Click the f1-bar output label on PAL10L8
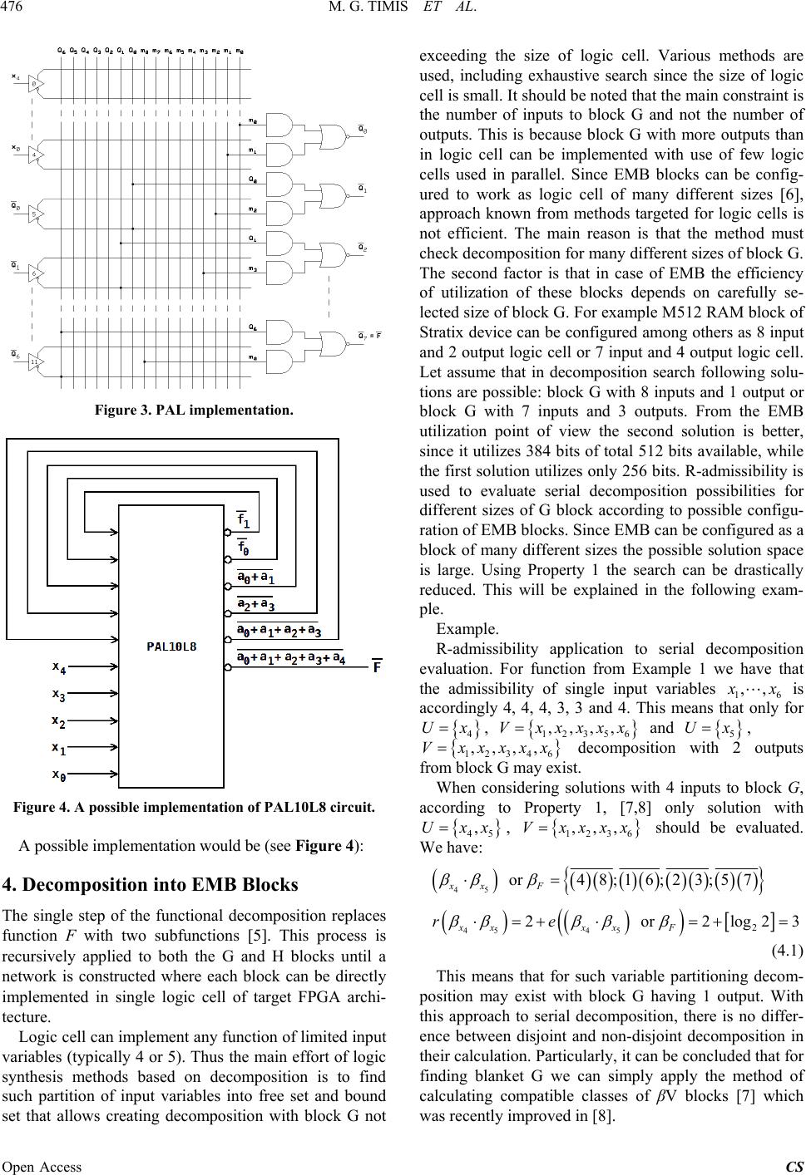[x=246, y=520]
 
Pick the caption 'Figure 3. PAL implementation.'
[x=192, y=409]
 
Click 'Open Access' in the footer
[x=42, y=1166]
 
